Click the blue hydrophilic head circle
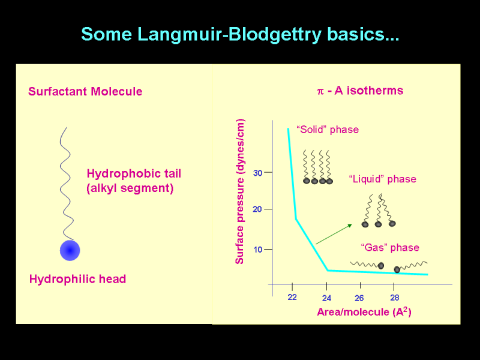coord(70,250)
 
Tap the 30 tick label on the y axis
coord(258,173)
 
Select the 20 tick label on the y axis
coord(257,209)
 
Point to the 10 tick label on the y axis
coord(258,250)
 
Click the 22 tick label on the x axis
coord(292,297)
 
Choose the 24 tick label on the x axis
coord(326,298)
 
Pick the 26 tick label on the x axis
coord(359,298)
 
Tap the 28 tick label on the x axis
coord(395,298)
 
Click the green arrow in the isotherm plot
coord(334,234)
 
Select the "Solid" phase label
coord(328,130)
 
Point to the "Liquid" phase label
coord(383,179)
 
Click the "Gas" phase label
coord(390,247)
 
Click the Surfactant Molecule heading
coord(85,92)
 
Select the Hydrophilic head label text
coord(78,279)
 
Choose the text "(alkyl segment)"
coord(130,188)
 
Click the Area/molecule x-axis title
coord(364,311)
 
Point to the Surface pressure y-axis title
coord(239,191)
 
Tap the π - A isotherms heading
coord(360,91)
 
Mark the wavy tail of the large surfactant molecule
coord(67,184)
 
